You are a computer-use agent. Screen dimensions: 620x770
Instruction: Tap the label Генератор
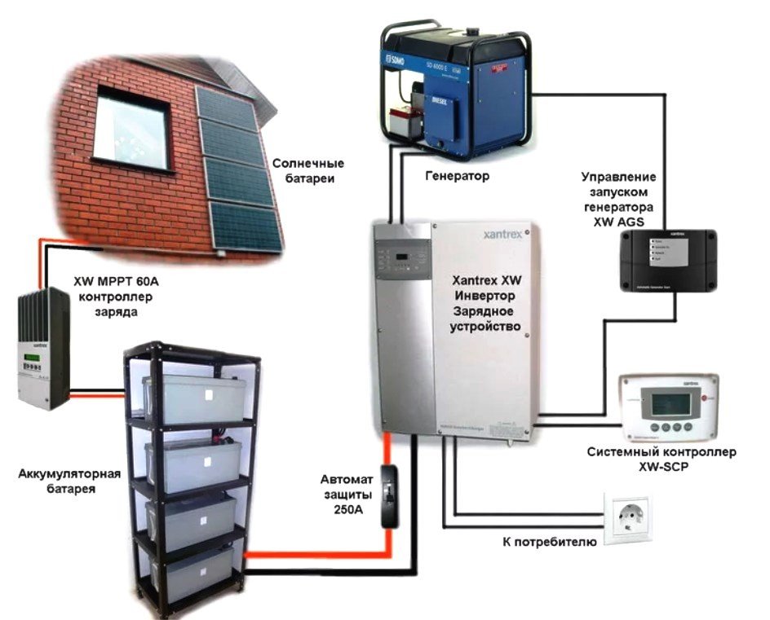tap(458, 176)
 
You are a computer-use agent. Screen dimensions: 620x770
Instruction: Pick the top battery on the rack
tap(188, 399)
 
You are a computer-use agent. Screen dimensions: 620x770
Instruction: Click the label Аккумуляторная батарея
tap(69, 481)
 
